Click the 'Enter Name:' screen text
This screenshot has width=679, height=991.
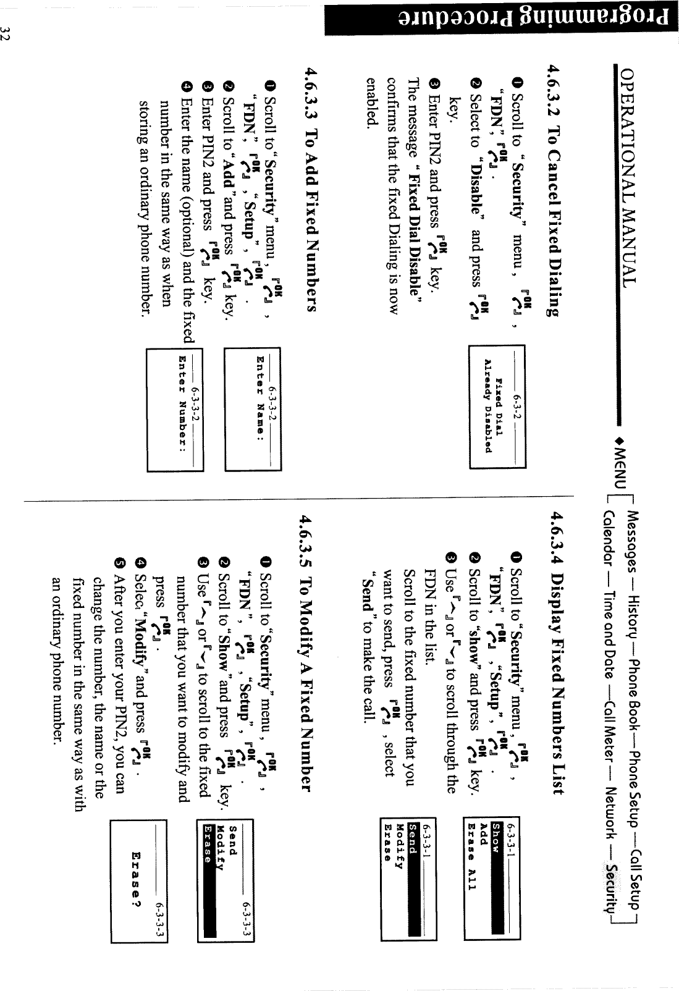tap(260, 395)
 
